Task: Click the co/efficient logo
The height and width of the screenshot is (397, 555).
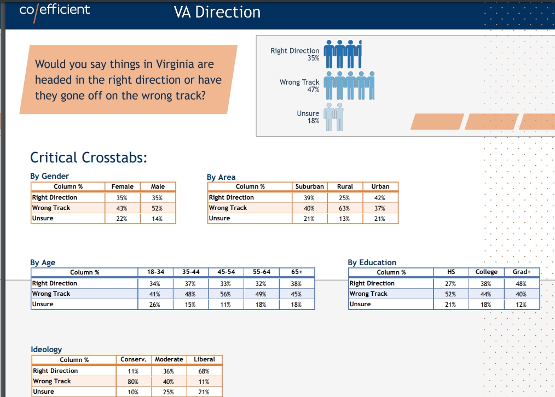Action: coord(55,11)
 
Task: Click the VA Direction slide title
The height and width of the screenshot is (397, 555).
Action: coord(217,12)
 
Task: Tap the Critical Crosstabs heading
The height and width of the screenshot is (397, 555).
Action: coord(89,157)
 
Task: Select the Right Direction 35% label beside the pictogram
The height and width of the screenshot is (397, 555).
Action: coord(295,54)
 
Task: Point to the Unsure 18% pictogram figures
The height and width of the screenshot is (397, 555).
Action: coord(333,117)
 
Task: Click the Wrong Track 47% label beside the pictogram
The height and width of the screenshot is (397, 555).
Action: coord(299,85)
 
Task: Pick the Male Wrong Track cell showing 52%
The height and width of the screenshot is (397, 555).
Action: coord(157,208)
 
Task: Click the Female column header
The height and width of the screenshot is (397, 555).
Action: coord(123,186)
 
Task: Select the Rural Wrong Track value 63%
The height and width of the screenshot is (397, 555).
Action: coord(344,208)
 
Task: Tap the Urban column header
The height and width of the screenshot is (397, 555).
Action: coord(380,186)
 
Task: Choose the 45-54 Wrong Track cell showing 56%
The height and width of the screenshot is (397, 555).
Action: coord(225,294)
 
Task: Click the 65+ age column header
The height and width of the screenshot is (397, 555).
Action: coord(297,272)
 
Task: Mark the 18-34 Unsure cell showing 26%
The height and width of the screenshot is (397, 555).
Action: coord(155,305)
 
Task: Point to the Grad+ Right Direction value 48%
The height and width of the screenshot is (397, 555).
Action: coord(521,284)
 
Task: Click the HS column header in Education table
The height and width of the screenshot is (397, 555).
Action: coord(451,272)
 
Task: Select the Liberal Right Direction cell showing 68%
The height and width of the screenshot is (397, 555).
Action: coord(204,371)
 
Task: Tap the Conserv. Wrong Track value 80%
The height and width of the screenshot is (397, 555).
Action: coord(133,382)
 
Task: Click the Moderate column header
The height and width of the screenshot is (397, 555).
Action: coord(169,359)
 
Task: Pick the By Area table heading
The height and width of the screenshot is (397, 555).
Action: coord(221,177)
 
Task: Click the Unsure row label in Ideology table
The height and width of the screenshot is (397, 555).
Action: coord(44,392)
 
